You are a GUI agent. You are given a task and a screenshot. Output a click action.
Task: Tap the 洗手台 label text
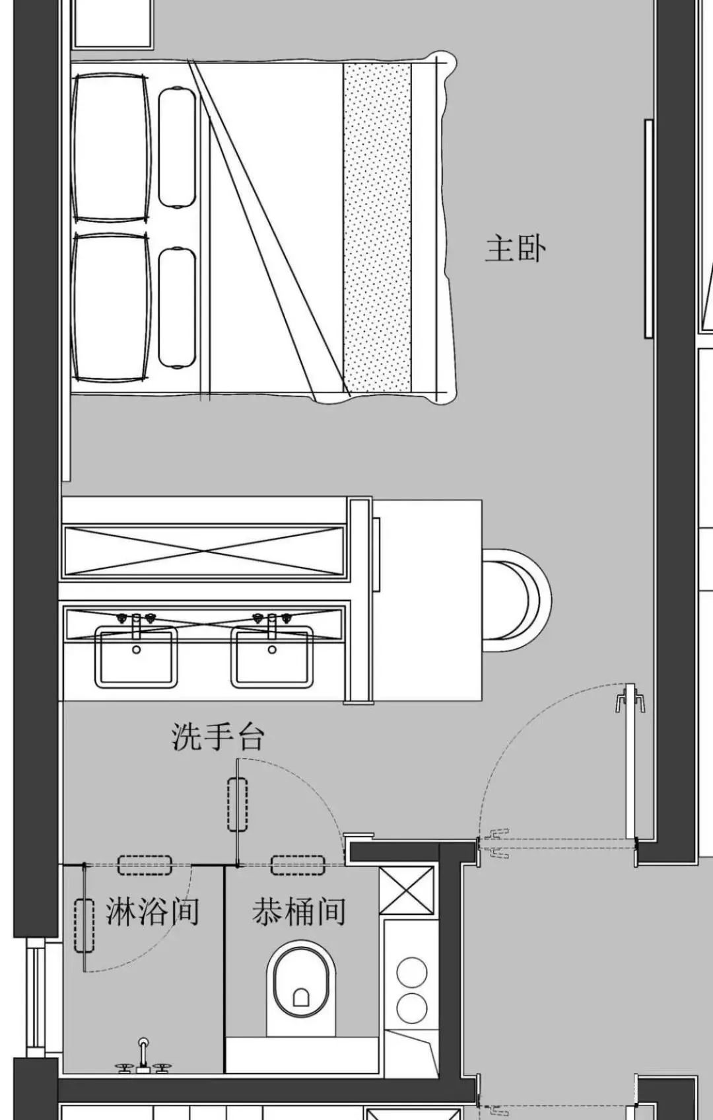pos(217,737)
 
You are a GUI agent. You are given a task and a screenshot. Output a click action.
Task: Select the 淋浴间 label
pos(153,911)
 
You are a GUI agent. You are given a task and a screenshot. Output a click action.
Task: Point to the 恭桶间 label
pos(299,911)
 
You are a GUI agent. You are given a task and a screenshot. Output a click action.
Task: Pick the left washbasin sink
pos(137,657)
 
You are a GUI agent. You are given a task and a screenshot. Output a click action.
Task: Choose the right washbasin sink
pos(272,657)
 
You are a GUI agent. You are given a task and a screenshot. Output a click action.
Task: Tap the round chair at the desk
pos(517,600)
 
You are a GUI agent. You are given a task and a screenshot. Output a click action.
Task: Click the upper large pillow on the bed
pos(111,148)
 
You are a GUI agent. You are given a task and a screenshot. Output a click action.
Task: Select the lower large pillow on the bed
pos(111,307)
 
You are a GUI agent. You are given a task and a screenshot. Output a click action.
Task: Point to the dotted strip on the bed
pos(377,228)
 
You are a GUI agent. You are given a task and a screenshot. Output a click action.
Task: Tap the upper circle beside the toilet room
pos(412,973)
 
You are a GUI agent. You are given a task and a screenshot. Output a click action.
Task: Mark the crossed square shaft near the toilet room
pos(406,891)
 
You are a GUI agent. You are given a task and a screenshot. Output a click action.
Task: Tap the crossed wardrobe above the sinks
pos(204,552)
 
